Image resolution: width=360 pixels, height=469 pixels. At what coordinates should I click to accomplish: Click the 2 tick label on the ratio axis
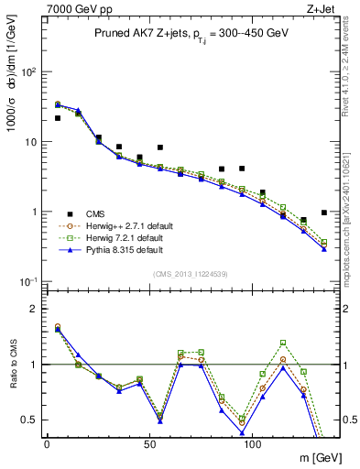33,309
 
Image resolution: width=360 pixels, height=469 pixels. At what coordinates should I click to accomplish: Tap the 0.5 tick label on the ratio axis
29,420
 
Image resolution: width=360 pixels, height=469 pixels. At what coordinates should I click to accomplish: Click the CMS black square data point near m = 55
160,147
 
